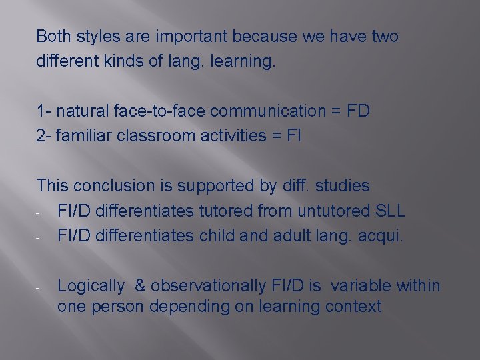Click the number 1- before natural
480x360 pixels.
43,111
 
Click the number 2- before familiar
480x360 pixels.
44,135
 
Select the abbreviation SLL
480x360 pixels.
390,211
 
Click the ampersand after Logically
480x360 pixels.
140,286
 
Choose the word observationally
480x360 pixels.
207,286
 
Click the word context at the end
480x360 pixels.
355,307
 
